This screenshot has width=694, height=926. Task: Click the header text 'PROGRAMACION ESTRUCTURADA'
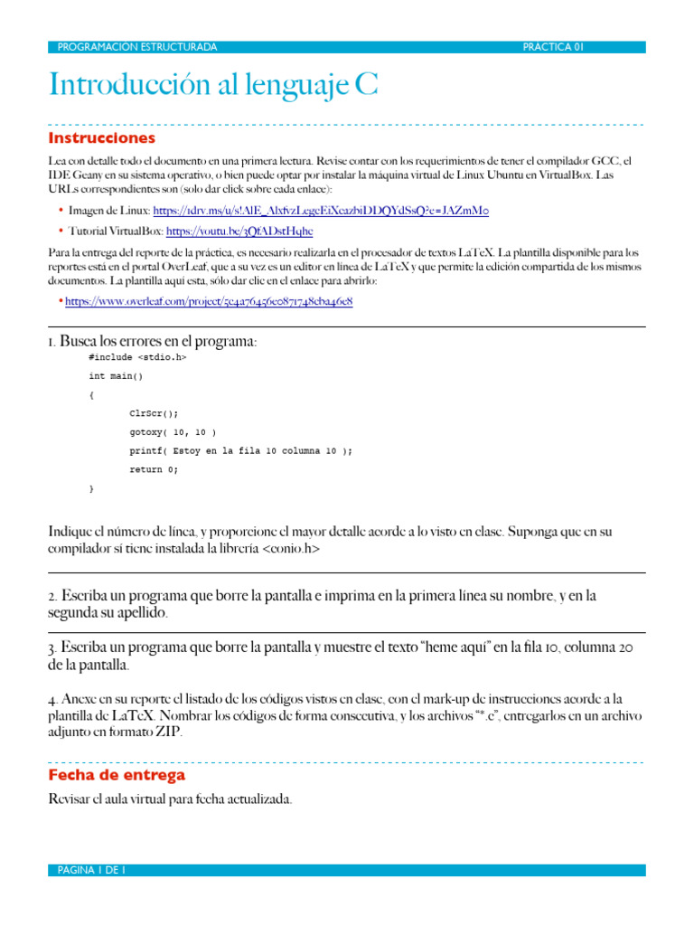click(x=136, y=47)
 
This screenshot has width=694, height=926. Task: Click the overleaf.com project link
click(x=208, y=301)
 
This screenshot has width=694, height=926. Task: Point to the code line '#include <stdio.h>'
click(x=137, y=357)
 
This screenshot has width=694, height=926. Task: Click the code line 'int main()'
click(x=116, y=375)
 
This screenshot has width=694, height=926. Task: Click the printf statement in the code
click(x=240, y=450)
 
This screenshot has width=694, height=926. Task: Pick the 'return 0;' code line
click(x=154, y=469)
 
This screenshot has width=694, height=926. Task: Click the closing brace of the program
click(x=91, y=488)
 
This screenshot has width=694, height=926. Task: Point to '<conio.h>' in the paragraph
click(x=290, y=549)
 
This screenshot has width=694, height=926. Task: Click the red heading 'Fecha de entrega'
click(x=117, y=775)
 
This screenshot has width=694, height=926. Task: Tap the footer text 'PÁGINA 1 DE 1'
click(x=90, y=870)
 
